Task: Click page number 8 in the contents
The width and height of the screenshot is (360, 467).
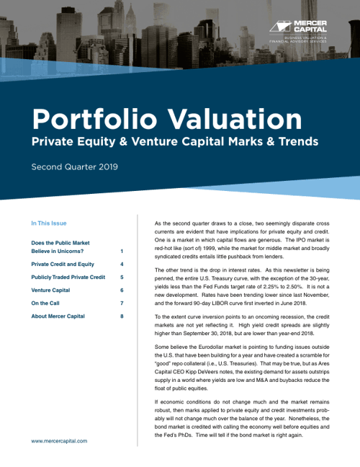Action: coord(122,316)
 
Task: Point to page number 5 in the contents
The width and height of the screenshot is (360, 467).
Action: coord(122,277)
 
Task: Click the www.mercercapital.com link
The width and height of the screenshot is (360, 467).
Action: coord(59,440)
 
